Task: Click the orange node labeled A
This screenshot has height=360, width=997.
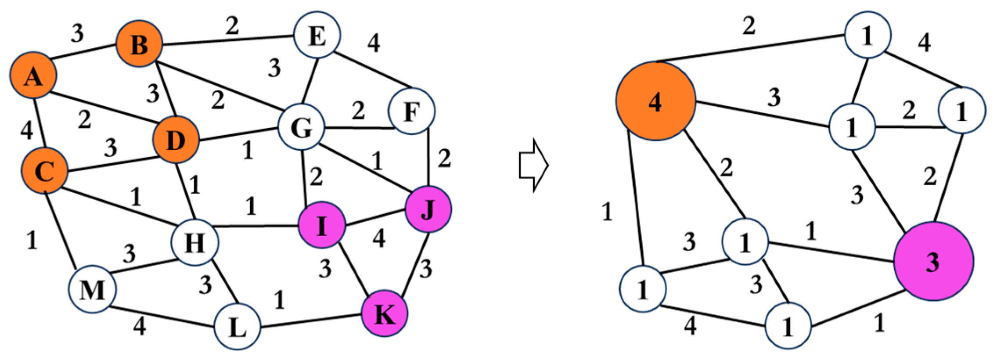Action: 33,76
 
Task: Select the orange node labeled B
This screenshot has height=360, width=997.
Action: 139,43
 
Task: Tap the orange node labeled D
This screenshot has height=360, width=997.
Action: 176,140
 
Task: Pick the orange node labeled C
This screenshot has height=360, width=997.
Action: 45,171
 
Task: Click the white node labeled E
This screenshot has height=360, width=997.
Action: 317,35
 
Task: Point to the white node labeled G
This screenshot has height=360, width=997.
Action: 302,128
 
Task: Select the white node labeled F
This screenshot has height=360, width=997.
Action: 411,111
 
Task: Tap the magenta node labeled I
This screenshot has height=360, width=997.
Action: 321,225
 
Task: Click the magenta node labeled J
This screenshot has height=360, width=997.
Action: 428,209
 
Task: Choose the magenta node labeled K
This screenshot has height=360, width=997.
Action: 385,313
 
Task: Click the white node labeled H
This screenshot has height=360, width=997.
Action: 195,242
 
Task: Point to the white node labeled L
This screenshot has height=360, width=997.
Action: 238,327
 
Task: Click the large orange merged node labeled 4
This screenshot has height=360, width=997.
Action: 655,101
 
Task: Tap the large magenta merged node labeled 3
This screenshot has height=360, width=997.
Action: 933,262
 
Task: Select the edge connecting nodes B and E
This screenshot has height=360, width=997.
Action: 228,40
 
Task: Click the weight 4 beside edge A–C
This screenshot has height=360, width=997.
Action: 27,130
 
